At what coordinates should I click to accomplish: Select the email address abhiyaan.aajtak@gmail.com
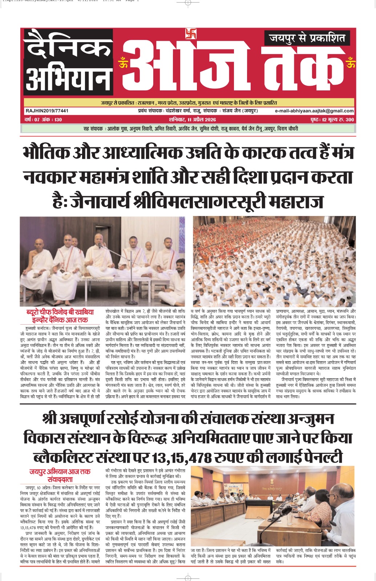coord(315,111)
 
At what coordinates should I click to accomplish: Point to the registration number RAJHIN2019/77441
coord(47,111)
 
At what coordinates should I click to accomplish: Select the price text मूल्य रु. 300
coord(340,120)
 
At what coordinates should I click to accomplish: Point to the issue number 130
coord(57,120)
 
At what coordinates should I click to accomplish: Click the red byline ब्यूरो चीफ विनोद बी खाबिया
coord(60,312)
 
